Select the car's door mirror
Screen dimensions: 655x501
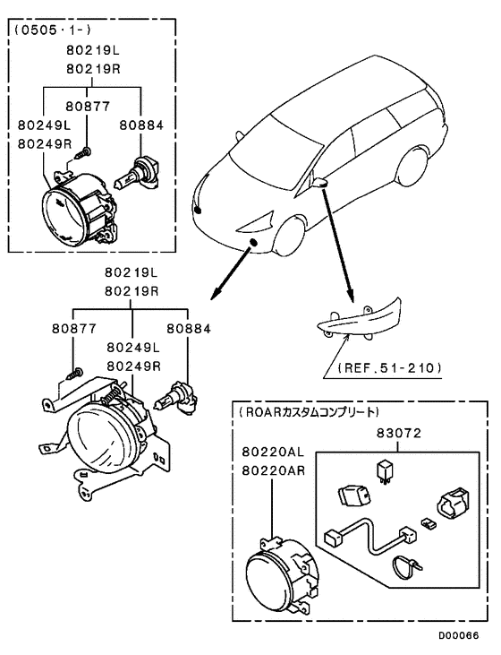[x=323, y=183]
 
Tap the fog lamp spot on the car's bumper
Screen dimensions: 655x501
[x=255, y=244]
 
